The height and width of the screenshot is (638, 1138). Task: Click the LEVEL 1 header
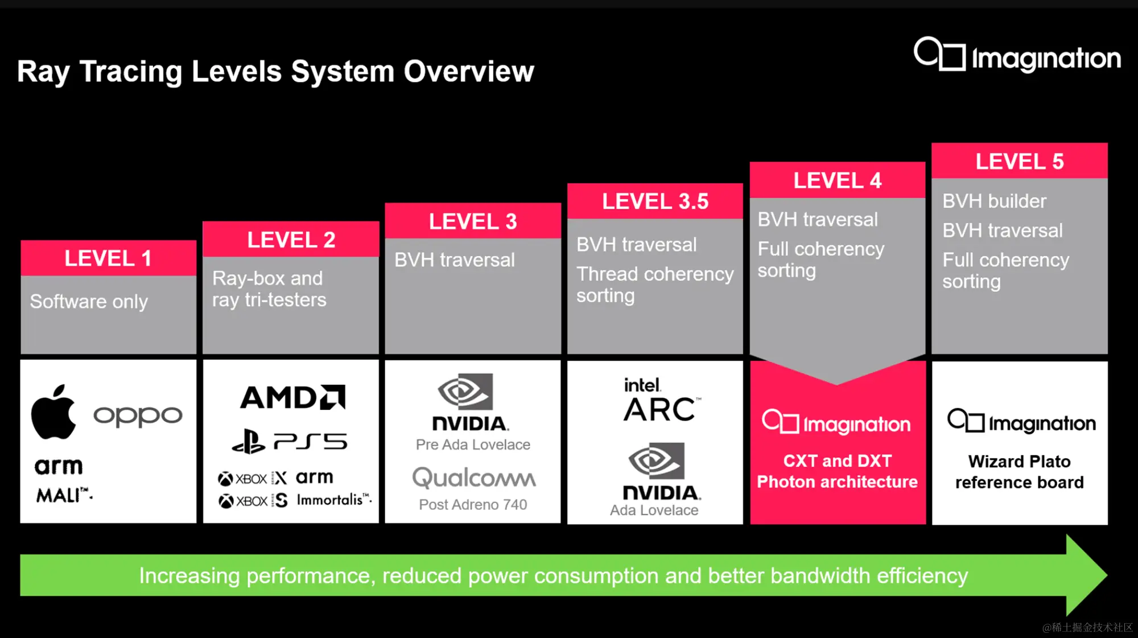click(108, 258)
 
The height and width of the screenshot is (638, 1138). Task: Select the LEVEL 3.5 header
click(655, 201)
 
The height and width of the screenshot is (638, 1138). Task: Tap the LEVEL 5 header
click(1019, 162)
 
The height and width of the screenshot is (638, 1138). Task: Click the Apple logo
click(53, 412)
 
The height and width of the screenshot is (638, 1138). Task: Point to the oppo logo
click(138, 415)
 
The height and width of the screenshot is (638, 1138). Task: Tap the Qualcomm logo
click(473, 478)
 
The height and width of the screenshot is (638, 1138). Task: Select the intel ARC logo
click(660, 400)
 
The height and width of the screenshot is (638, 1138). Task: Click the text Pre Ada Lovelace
click(473, 444)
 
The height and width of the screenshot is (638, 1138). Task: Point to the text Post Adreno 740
click(473, 504)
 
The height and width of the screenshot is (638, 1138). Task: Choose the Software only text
click(89, 301)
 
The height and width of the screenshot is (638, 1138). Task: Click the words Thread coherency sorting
click(654, 285)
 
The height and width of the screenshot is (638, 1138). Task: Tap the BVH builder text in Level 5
click(994, 201)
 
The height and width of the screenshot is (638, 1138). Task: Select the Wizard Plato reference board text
click(1019, 472)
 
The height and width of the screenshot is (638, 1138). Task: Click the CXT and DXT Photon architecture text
click(837, 471)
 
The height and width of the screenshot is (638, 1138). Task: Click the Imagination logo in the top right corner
click(1017, 56)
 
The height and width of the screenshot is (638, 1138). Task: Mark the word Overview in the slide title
click(469, 72)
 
